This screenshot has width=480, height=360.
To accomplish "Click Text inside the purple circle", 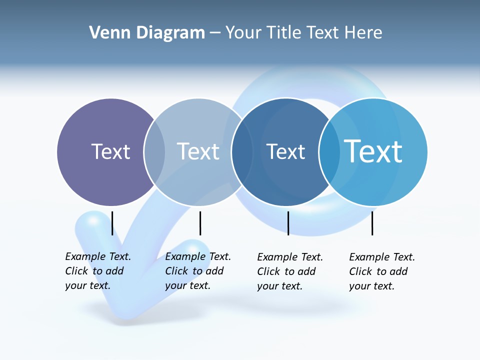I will click(110, 151).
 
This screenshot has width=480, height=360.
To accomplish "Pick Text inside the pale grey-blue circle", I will click(198, 151).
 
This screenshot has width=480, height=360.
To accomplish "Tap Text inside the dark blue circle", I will click(285, 151).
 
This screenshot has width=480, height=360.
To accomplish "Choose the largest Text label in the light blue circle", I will click(373, 151).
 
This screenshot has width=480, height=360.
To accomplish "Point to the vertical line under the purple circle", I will click(112, 223).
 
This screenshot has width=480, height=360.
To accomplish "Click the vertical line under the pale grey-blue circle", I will click(200, 223).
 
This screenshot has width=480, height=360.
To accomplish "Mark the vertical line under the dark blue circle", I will click(288, 223).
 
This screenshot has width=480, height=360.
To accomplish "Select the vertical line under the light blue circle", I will click(372, 223).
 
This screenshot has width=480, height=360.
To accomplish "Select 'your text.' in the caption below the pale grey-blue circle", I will click(187, 285).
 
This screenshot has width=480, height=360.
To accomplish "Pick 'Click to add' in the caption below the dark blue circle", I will click(286, 271).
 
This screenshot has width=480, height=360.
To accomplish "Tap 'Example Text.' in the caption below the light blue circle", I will click(382, 257).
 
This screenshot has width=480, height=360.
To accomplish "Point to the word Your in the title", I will click(244, 33).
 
